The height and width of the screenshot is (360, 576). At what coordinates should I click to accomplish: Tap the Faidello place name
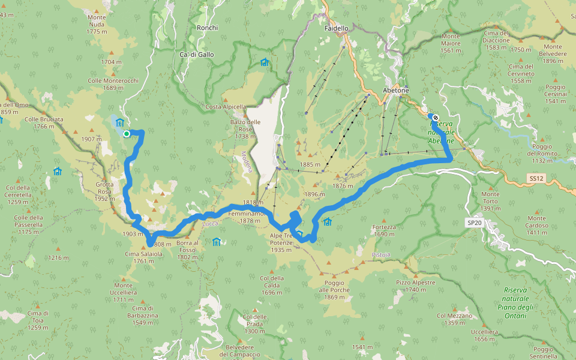[x=336, y=28]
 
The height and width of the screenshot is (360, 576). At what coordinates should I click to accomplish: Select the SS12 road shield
[x=536, y=179]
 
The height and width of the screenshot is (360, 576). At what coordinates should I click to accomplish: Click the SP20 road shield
[x=474, y=223]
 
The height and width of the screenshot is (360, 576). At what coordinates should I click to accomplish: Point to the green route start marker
[x=127, y=134]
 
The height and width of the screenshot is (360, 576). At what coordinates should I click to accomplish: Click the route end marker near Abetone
[x=435, y=118]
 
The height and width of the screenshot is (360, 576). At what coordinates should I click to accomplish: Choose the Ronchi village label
[x=207, y=28]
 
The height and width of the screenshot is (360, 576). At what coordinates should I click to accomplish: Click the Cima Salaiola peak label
[x=143, y=254]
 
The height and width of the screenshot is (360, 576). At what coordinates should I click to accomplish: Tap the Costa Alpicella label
[x=226, y=107]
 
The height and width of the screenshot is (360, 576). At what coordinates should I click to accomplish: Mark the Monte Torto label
[x=490, y=197]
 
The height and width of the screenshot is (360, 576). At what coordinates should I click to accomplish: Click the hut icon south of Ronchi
[x=264, y=62]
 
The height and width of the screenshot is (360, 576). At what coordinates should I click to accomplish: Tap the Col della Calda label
[x=272, y=281]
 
